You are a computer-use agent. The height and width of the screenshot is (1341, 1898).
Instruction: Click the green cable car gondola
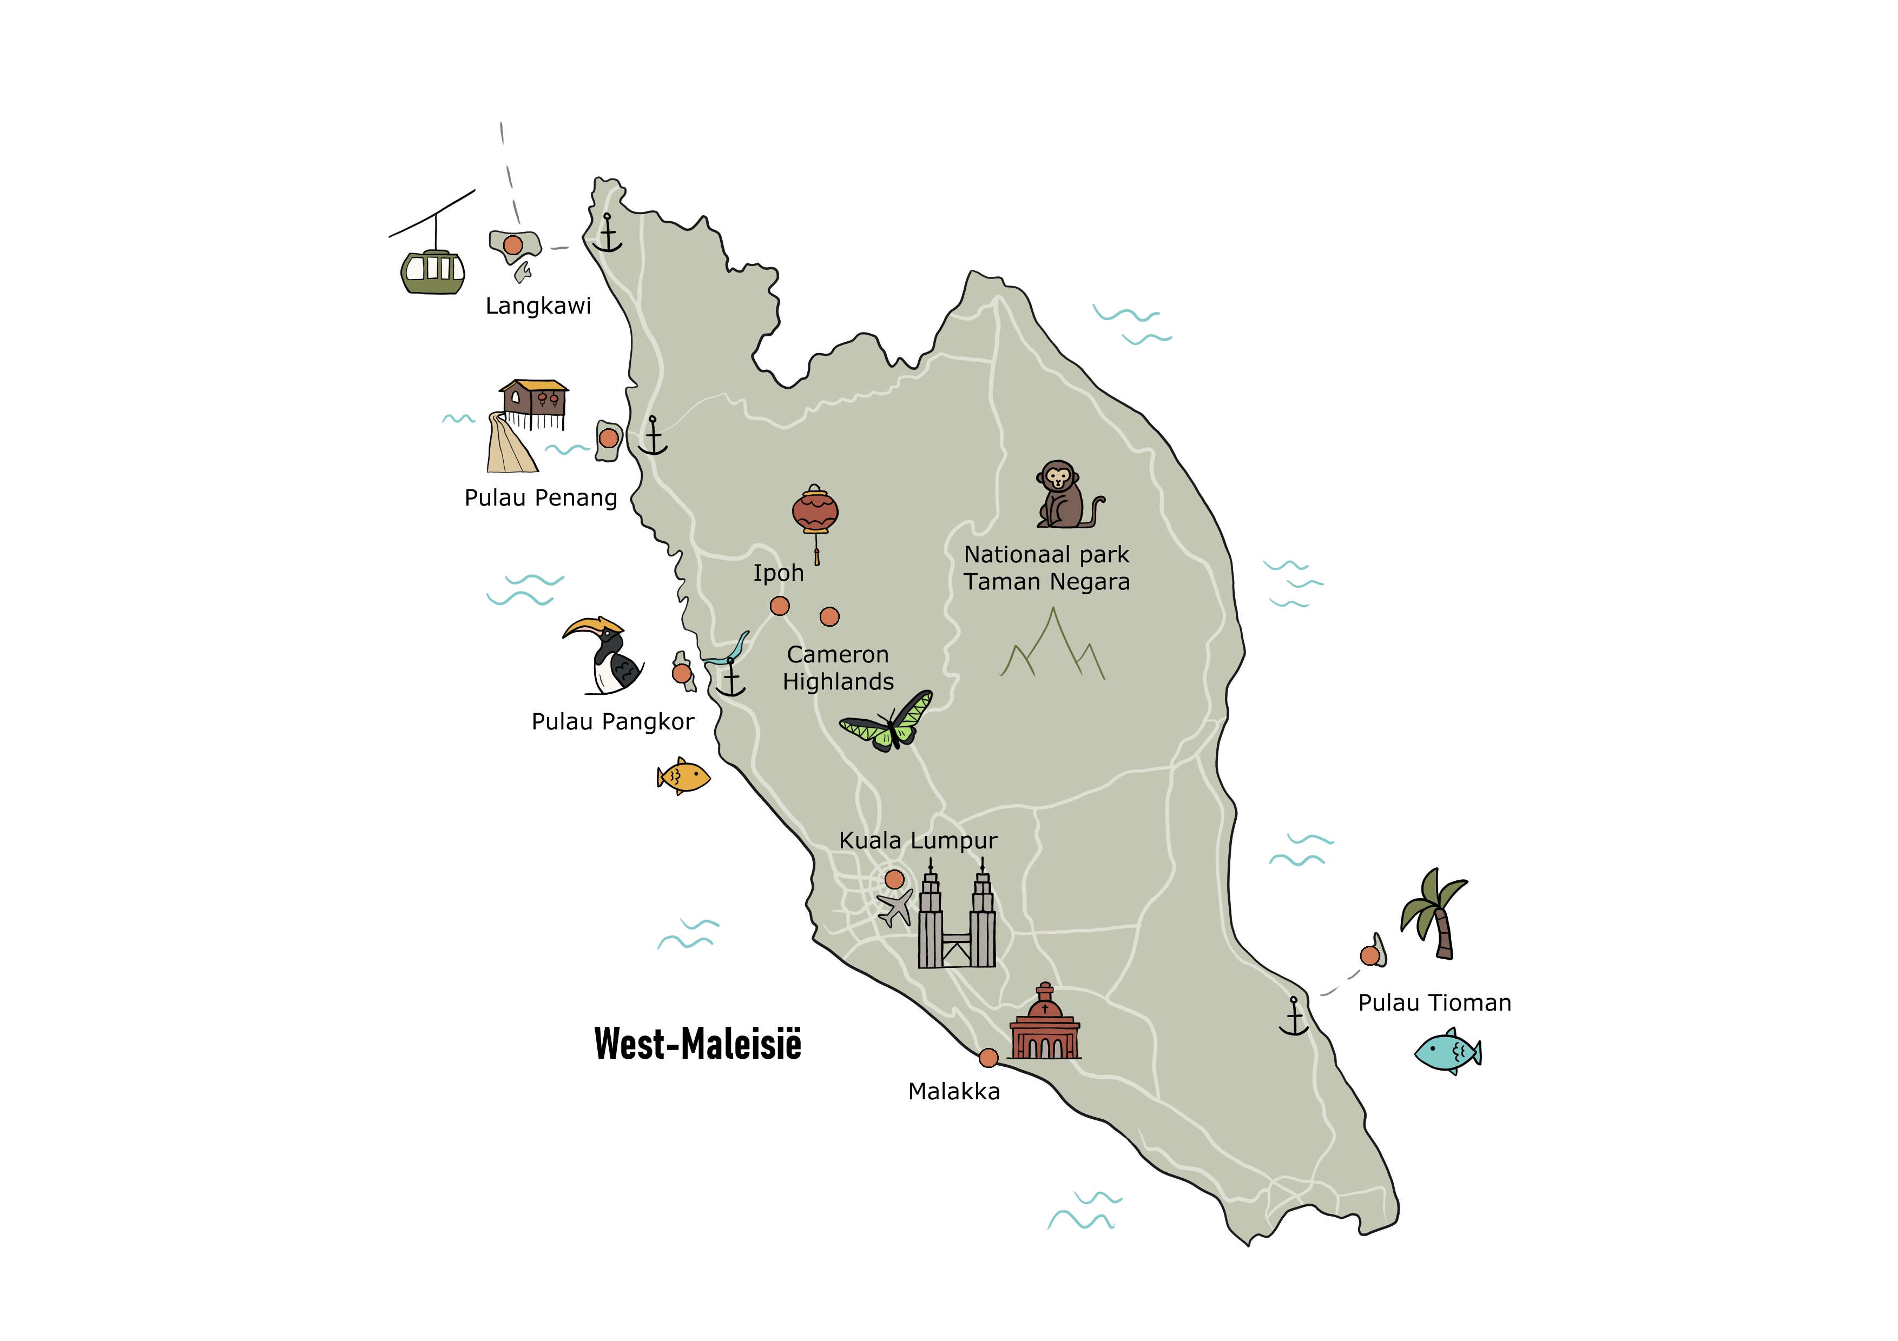[x=432, y=272]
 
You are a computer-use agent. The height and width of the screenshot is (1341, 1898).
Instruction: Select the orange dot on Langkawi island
[x=512, y=245]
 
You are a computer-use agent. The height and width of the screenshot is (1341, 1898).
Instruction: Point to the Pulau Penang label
[x=541, y=498]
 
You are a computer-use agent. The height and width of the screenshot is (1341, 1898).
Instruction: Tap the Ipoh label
[x=778, y=573]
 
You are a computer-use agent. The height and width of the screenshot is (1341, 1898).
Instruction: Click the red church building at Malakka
[x=1044, y=1025]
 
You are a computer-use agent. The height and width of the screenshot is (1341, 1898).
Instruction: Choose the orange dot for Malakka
[x=988, y=1058]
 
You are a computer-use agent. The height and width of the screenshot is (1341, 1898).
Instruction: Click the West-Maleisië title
[x=698, y=1044]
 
